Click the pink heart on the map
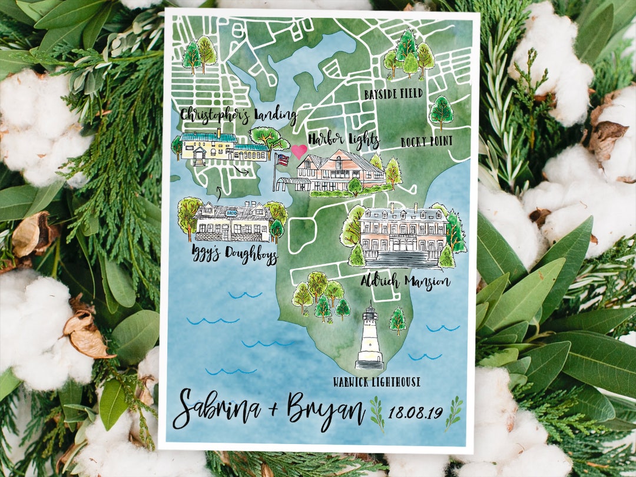[299, 151]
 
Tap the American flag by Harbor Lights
[283, 160]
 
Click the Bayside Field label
[393, 94]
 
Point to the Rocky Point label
[426, 141]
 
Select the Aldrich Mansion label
[405, 281]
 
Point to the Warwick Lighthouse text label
[376, 382]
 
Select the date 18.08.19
[415, 412]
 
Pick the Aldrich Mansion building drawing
[403, 234]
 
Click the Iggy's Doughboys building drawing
[233, 222]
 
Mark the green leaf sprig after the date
[453, 412]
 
